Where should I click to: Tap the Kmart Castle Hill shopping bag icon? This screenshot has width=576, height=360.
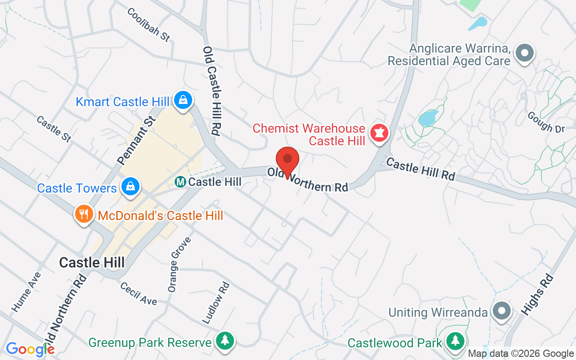click(184, 99)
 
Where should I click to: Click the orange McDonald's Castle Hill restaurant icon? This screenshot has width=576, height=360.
click(84, 214)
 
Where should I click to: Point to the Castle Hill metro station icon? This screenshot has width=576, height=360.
click(180, 182)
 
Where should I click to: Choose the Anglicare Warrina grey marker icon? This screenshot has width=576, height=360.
click(524, 53)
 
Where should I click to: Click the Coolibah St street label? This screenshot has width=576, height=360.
click(149, 25)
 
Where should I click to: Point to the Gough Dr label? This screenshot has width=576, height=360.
click(546, 122)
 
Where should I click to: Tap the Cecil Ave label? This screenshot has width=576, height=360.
click(139, 293)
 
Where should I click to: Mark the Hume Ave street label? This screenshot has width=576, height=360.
click(26, 292)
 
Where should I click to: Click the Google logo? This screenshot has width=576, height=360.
click(30, 349)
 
